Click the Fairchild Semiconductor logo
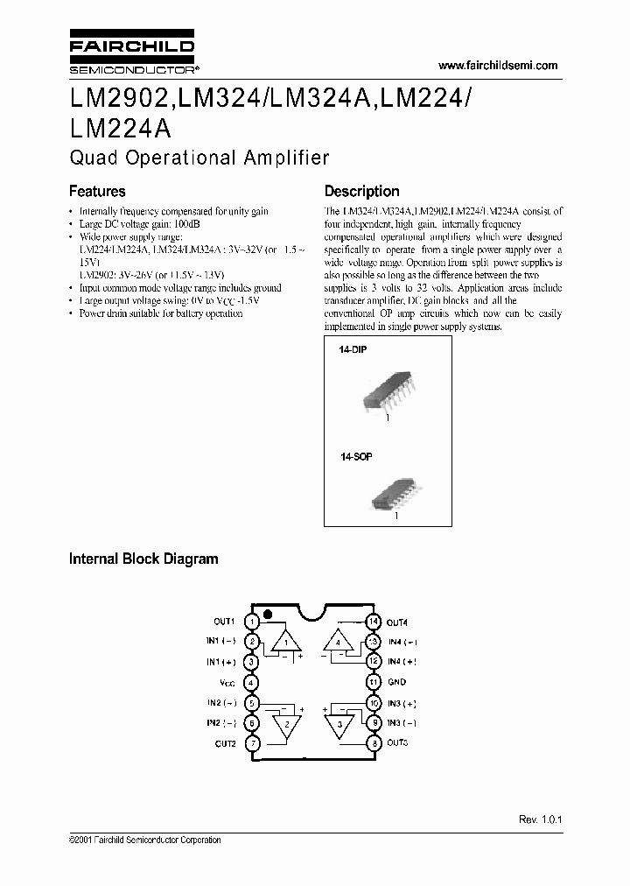(131, 54)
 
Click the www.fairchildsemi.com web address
(497, 66)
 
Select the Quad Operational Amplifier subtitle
(199, 158)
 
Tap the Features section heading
(97, 191)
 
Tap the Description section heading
(361, 191)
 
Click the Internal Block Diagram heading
(143, 559)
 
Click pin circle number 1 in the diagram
(252, 622)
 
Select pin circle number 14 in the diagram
(373, 622)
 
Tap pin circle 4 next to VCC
(252, 682)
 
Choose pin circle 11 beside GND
(373, 682)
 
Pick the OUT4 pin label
(398, 622)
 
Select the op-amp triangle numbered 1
(285, 643)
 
